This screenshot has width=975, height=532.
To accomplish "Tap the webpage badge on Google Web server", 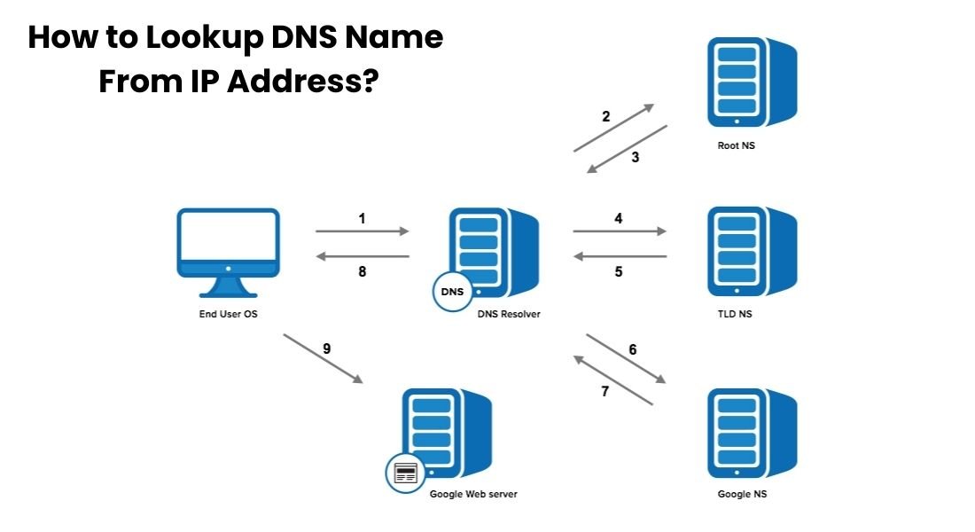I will [x=406, y=473].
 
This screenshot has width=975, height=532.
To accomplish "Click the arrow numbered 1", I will [x=362, y=231].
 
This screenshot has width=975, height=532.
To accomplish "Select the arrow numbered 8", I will [x=362, y=257].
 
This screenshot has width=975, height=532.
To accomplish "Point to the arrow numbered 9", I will [x=323, y=358].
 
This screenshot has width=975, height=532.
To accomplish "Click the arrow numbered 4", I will [x=619, y=231].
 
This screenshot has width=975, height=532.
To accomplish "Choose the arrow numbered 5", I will [x=619, y=257].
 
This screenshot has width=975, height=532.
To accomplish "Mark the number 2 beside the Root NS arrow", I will [x=605, y=116].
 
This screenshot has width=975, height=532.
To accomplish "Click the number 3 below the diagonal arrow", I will [x=635, y=158].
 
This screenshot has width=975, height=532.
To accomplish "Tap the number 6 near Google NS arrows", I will [x=632, y=349].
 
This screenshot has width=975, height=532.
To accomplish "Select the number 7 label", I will [x=605, y=391].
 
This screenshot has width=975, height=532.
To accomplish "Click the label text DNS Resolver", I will [x=508, y=314].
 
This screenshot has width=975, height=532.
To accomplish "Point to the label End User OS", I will [x=228, y=314].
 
